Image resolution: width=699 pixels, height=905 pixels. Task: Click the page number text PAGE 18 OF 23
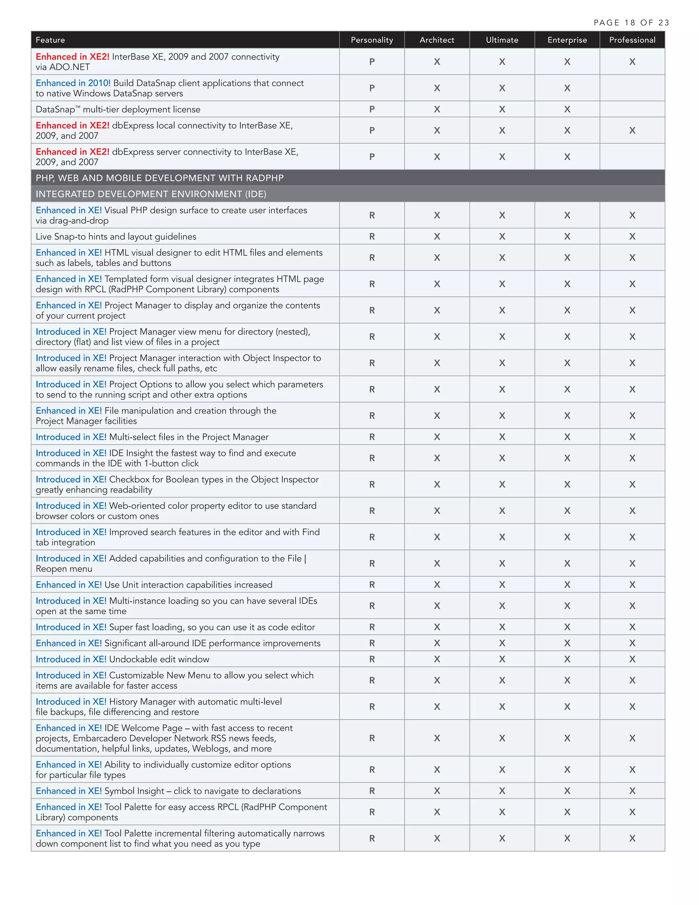pos(631,23)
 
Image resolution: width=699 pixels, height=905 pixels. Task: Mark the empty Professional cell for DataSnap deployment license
pos(632,109)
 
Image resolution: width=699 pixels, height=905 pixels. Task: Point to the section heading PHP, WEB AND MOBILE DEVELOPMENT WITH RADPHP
pos(159,178)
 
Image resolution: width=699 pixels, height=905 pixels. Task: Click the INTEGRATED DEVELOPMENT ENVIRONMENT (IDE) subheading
pos(151,194)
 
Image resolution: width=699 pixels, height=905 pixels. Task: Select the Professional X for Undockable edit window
pos(632,659)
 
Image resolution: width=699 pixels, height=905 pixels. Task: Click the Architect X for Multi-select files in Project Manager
pos(437,437)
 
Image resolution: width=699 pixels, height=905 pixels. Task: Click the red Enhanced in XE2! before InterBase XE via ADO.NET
pos(72,57)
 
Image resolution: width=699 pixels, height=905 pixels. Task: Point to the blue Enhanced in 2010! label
pos(73,83)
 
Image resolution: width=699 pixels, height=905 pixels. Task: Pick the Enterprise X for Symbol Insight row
pos(567,791)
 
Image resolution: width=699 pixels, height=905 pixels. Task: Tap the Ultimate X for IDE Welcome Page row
pos(502,738)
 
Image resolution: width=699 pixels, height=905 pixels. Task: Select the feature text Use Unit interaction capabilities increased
pos(188,585)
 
